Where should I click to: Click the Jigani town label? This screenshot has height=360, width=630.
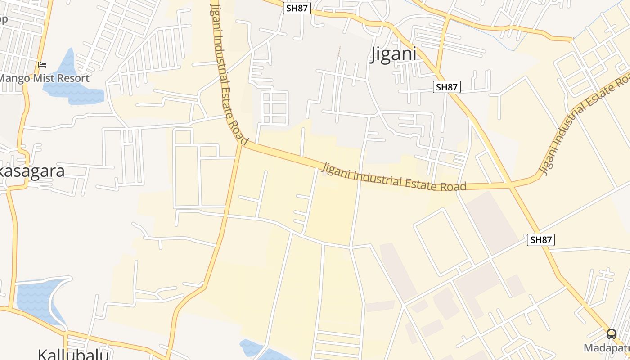tap(393, 54)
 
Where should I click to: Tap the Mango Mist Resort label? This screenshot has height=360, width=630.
tap(44, 78)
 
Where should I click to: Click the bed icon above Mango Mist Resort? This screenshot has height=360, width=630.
tap(42, 65)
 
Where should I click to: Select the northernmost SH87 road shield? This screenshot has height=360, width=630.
tap(297, 8)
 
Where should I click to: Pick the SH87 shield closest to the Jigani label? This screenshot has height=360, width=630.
tap(446, 87)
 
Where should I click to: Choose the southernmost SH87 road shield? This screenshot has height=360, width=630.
tap(540, 240)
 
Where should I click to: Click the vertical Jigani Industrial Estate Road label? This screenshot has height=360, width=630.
tap(229, 72)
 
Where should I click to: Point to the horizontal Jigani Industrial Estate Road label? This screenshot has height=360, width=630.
tap(394, 178)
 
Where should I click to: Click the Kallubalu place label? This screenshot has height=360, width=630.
tap(73, 354)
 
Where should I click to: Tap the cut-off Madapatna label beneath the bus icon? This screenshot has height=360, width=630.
tap(607, 348)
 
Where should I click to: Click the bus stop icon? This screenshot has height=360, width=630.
tap(611, 334)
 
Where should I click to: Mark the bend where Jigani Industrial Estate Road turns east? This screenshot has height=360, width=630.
tap(242, 144)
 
